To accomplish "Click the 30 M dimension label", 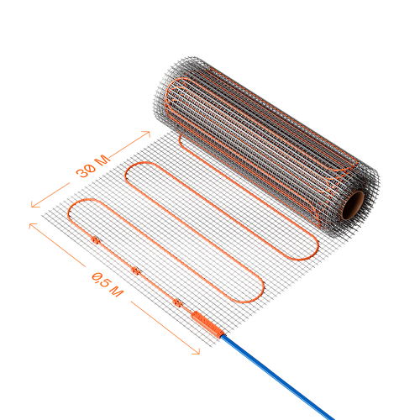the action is coord(93,167).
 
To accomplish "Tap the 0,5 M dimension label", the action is coord(108,285).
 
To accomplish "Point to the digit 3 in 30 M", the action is coord(81,173).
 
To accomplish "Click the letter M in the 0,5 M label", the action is coord(117,291).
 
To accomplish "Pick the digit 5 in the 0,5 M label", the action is coord(105,282).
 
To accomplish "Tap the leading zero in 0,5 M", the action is coord(97,276).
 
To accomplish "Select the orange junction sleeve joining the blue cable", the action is coord(207,324).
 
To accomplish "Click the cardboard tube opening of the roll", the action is coord(353,205).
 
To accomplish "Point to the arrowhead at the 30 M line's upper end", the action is coord(146,134).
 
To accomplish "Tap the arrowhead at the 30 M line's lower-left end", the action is coord(34,204).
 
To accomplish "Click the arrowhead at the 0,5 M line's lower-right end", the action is coord(197,351).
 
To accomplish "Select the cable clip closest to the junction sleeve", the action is coord(177,302).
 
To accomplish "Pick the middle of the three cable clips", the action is coord(135,270).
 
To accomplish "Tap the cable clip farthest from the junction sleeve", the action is coord(96,239).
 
